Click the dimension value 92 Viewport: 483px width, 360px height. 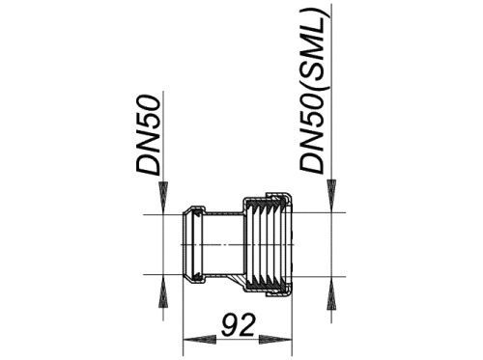pyautogui.click(x=238, y=325)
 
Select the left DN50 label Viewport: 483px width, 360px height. pyautogui.click(x=148, y=135)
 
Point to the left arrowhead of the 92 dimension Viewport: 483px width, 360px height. pyautogui.click(x=199, y=340)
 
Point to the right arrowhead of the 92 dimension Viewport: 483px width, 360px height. pyautogui.click(x=275, y=340)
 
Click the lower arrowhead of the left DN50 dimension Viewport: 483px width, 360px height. pyautogui.click(x=163, y=291)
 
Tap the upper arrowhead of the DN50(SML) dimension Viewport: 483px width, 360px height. pyautogui.click(x=331, y=196)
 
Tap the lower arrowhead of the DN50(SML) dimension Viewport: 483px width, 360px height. pyautogui.click(x=331, y=293)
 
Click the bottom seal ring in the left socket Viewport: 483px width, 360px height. pyautogui.click(x=197, y=276)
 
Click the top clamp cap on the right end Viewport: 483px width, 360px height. pyautogui.click(x=278, y=196)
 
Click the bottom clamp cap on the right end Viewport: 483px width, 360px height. pyautogui.click(x=278, y=293)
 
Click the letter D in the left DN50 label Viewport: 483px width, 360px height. pyautogui.click(x=149, y=166)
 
